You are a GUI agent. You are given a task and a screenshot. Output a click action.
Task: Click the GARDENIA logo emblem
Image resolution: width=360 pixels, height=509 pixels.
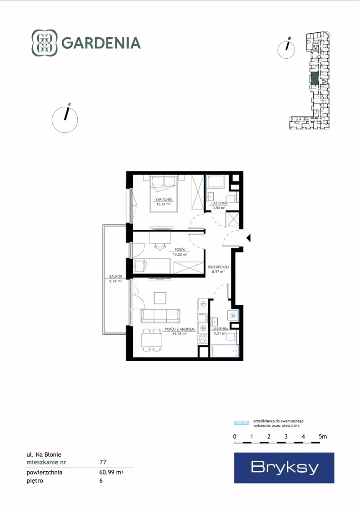coord(45,43)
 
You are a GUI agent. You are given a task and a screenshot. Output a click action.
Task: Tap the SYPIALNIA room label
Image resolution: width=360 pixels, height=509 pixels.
coord(164,200)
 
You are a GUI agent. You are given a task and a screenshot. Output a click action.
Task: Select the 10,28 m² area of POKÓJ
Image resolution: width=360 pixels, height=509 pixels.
coord(180,255)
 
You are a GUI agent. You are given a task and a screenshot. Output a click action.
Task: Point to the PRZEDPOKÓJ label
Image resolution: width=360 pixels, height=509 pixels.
coord(218,267)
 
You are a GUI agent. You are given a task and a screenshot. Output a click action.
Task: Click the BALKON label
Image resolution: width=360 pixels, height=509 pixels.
coord(116,277)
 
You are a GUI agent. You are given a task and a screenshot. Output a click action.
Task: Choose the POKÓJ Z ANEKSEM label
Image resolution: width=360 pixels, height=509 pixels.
coord(180,329)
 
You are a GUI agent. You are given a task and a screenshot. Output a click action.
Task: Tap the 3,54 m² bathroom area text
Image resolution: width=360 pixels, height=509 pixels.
coord(219,208)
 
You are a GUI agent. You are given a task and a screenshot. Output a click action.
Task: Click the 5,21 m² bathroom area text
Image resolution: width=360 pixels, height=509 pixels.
coord(220,333)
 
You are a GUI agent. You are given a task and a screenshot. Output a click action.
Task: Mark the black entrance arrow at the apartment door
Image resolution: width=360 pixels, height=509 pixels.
coord(249,238)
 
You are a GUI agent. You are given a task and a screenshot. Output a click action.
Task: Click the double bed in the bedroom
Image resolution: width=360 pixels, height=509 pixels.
coord(164,193)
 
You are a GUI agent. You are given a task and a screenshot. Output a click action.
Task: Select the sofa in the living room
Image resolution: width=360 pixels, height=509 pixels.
coord(160,316)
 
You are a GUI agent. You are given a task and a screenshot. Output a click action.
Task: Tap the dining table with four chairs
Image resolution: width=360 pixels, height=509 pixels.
coord(152,340)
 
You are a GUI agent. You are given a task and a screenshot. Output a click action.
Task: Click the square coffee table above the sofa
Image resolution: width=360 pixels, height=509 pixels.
coord(160,298)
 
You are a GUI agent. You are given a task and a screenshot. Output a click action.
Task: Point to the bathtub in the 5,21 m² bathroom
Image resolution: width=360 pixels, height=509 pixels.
coord(224,351)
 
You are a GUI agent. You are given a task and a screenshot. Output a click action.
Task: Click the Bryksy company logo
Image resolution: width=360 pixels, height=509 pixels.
coord(284,468)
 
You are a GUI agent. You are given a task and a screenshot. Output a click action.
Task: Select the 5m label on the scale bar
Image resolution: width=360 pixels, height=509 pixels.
coord(323,437)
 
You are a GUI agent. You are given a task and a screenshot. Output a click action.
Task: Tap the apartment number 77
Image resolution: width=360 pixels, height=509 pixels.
coord(103,462)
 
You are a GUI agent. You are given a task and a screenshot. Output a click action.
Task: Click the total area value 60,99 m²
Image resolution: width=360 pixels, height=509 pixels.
coord(111,472)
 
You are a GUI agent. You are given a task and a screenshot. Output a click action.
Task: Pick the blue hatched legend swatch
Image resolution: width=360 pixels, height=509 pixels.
coord(242,423)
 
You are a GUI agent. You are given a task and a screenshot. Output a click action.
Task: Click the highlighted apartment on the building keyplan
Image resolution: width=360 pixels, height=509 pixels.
coord(314,79)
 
